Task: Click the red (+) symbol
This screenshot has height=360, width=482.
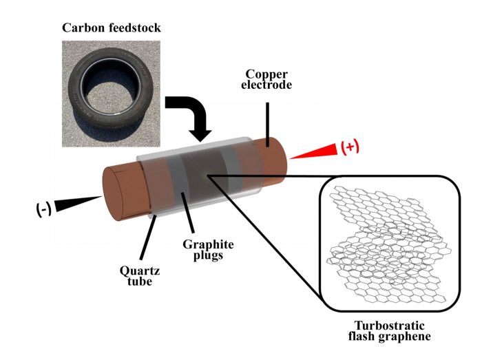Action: point(351,147)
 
